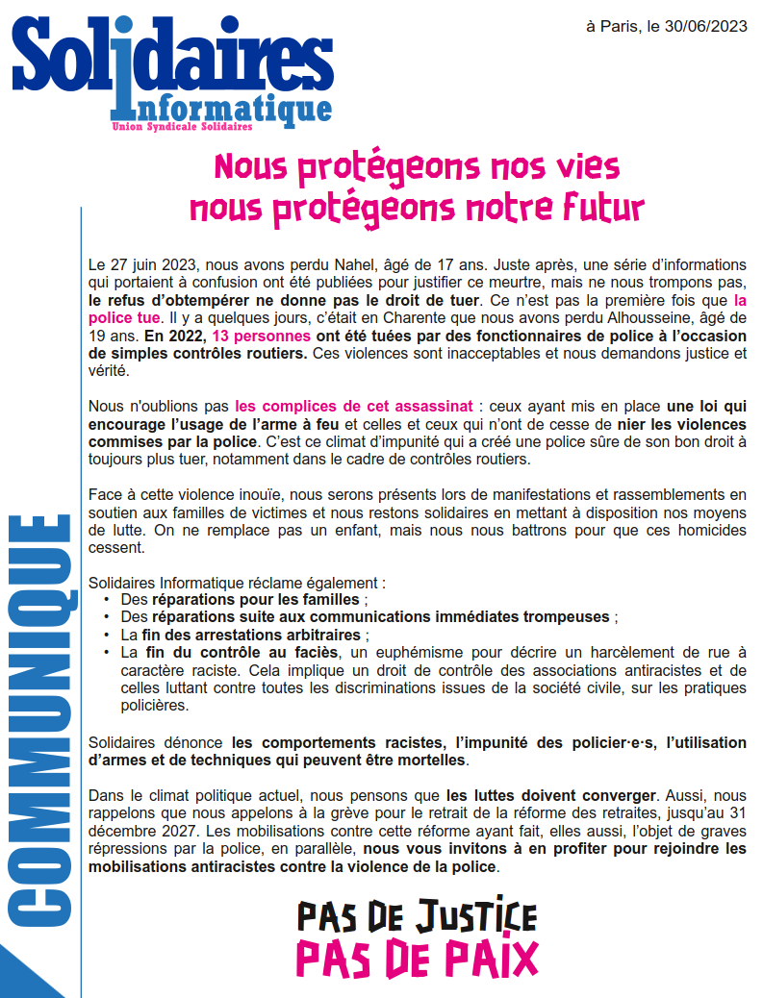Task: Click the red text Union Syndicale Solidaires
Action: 182,127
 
